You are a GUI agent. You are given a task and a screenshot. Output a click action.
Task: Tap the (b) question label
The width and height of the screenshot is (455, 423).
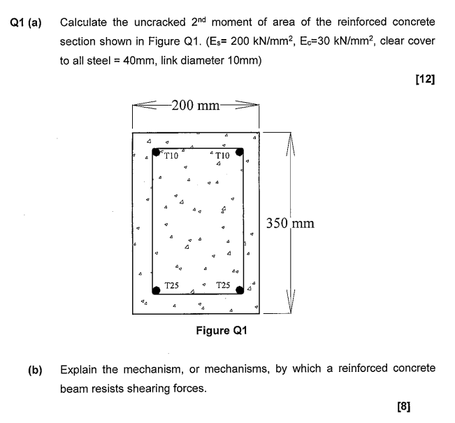pos(34,368)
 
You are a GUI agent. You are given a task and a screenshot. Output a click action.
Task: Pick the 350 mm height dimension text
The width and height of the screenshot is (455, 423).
pos(290,224)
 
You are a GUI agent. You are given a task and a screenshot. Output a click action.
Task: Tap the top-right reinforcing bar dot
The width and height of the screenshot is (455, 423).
pos(239,151)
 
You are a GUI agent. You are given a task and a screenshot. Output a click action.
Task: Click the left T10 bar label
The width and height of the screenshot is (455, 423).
pos(172,156)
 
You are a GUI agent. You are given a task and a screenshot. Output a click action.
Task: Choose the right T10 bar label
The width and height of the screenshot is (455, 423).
pos(224,156)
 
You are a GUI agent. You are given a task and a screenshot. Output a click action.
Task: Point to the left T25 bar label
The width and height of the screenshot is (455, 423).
pos(172,285)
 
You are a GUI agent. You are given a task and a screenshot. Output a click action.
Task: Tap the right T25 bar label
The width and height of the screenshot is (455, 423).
pos(224,285)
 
